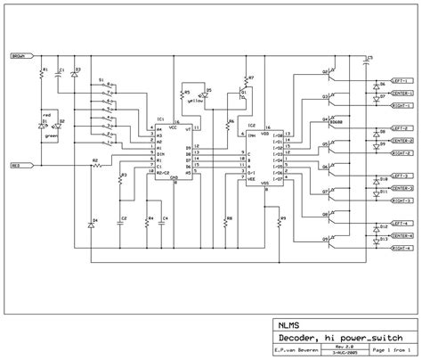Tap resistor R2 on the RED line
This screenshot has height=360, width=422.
tap(96, 166)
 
